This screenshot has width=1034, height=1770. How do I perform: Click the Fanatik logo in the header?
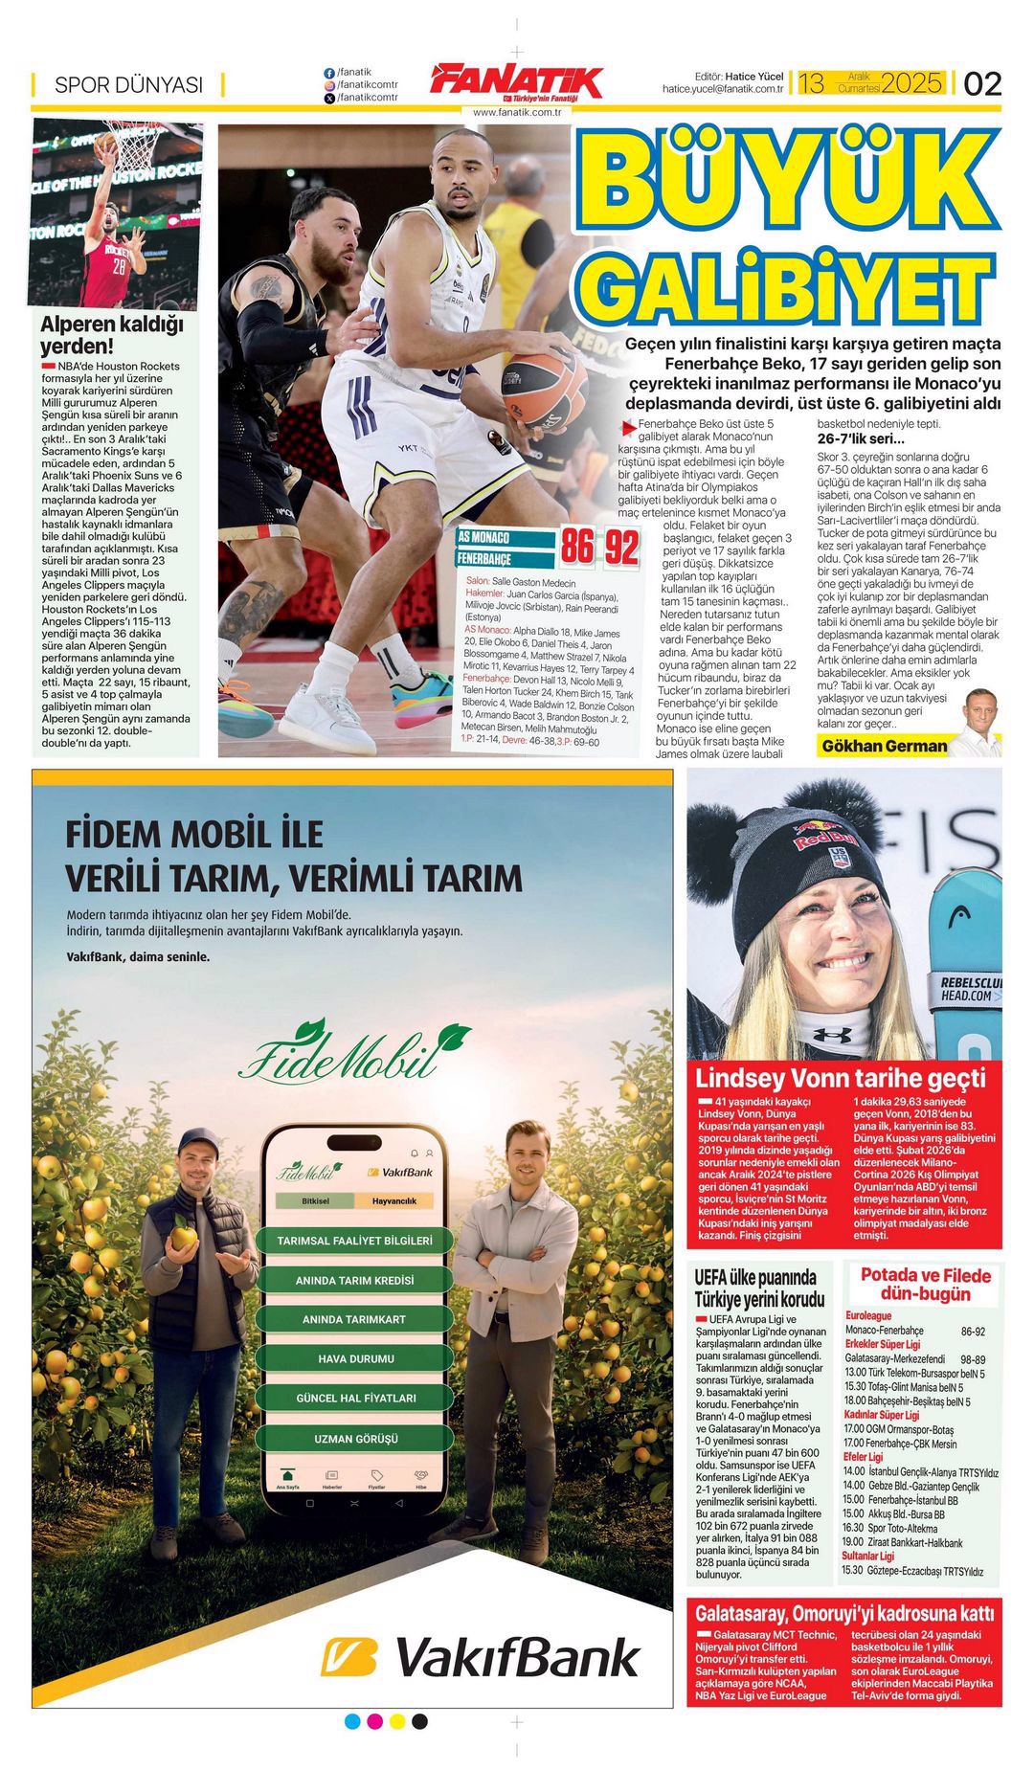pos(517,82)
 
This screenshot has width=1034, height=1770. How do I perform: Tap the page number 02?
pos(982,84)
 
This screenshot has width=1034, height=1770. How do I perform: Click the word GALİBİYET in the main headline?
pos(785,284)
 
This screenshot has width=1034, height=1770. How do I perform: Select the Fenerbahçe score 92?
pos(621,548)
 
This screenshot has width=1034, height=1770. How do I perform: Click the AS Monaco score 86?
pos(577,548)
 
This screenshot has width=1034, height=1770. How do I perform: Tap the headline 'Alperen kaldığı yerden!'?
pos(111,334)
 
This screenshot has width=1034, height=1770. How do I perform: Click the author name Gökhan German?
pos(884,746)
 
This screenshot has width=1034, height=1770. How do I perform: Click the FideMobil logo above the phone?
pos(354,1052)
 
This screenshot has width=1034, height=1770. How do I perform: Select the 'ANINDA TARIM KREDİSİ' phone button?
pos(354,1280)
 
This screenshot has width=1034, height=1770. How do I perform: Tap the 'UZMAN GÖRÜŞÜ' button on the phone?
pos(354,1438)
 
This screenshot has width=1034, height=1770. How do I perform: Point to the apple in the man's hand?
pos(184,1238)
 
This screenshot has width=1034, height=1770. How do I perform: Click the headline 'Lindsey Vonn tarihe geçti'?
pos(840,1078)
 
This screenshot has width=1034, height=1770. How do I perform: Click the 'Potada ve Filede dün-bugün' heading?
pos(925,1285)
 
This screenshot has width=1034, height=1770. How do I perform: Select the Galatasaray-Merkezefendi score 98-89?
pos(973,1359)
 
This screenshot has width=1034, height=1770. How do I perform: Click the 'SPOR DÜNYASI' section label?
pos(128,85)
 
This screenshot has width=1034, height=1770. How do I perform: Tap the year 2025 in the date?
pos(911,83)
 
